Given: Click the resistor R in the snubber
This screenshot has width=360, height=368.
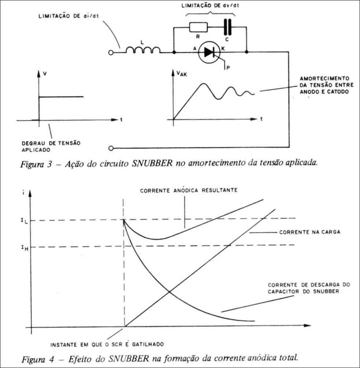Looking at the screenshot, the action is [x=199, y=27].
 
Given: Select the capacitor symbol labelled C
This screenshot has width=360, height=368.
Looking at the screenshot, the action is [x=227, y=27].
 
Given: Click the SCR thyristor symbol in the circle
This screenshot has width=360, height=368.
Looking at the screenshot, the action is [x=209, y=52].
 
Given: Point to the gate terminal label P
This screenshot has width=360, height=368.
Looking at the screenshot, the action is [x=228, y=68].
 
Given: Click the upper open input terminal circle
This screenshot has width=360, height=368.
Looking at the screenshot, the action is [x=111, y=53].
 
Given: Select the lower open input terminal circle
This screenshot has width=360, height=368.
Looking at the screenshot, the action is [x=111, y=148].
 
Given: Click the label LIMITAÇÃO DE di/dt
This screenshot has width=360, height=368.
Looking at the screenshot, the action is [x=69, y=16].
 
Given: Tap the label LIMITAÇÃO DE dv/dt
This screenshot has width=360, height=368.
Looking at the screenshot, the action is [x=210, y=6].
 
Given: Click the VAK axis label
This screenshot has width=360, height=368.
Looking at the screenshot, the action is [x=182, y=74].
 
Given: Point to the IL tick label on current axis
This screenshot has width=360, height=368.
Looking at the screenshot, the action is [x=24, y=221].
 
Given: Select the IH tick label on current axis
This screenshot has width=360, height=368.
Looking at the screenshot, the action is [x=25, y=248].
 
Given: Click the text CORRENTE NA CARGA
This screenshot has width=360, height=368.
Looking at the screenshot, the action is [x=310, y=232].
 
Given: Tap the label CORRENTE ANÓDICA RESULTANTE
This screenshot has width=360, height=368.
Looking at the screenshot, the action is [x=189, y=190].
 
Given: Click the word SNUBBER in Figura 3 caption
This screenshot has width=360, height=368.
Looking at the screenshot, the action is [x=152, y=163].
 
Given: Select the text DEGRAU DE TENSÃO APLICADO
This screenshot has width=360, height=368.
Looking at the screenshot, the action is [x=51, y=147].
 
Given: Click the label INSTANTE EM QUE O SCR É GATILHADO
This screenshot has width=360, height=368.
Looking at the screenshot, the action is [x=107, y=344].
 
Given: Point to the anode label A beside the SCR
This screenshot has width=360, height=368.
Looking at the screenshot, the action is [x=194, y=48].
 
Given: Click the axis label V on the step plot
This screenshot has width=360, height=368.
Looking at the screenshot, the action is [x=45, y=74].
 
